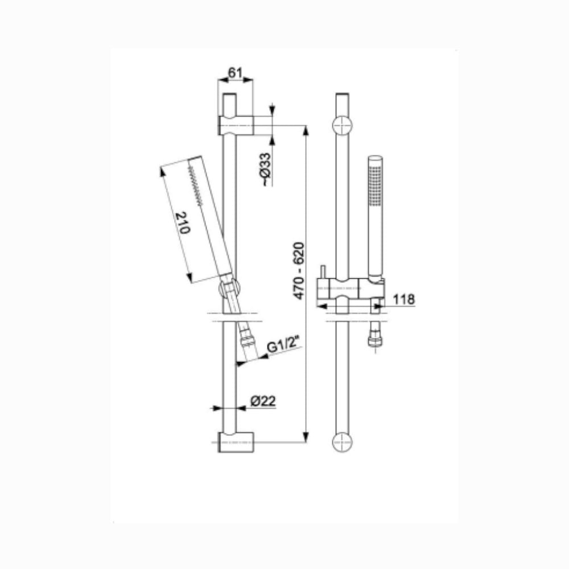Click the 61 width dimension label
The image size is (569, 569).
click(235, 73)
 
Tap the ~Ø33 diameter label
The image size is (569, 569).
click(266, 169)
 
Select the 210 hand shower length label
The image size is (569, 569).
click(183, 222)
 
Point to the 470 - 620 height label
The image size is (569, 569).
click(299, 271)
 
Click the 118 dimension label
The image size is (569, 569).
click(404, 299)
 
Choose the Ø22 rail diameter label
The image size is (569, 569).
click(263, 401)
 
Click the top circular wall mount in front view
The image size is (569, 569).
click(342, 126)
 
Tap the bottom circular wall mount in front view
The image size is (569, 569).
click(342, 442)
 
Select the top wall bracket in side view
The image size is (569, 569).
click(236, 126)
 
